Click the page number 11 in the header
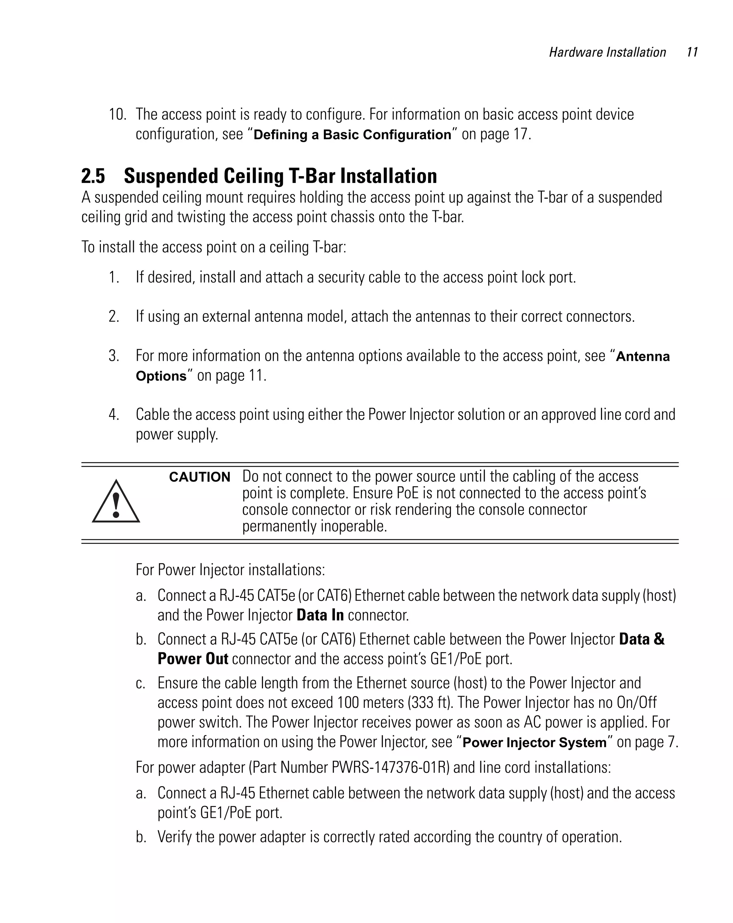click(691, 52)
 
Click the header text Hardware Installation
click(607, 52)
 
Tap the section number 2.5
click(93, 176)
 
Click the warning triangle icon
click(116, 501)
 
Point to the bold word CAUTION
click(199, 477)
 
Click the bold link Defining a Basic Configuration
click(352, 135)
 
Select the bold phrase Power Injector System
click(534, 742)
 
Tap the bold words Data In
click(320, 615)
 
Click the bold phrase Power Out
click(193, 659)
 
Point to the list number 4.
click(113, 414)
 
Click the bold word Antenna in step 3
click(642, 356)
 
